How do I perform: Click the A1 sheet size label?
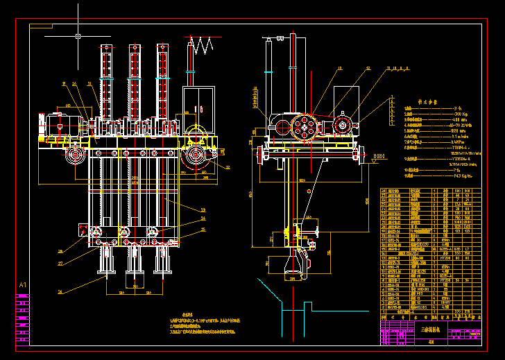point(22,285)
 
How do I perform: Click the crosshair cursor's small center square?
point(78,35)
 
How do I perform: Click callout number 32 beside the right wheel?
point(227,167)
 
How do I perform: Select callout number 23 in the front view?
point(203,209)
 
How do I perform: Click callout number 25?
point(203,229)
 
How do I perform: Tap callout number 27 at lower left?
point(60,264)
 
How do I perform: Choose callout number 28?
point(60,251)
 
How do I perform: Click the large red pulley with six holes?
point(303,126)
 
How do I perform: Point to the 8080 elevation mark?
point(379,156)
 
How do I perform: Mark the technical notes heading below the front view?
point(187,314)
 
